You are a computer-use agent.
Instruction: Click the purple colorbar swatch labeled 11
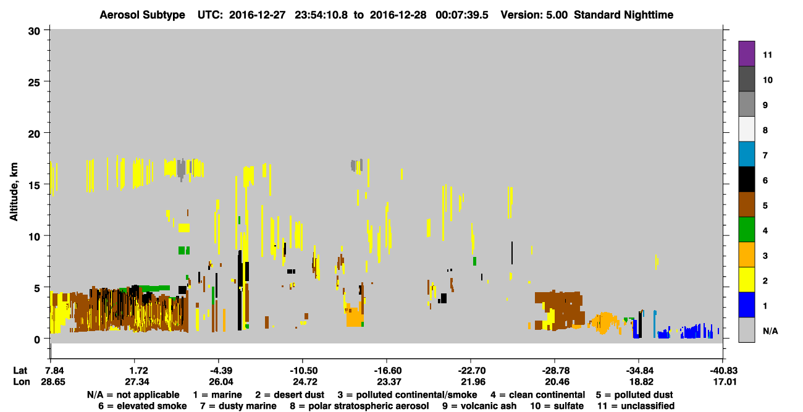[746, 53]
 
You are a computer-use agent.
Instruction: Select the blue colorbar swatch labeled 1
[746, 305]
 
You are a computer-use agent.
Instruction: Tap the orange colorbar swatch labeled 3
[746, 254]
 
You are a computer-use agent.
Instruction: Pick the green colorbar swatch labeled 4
[746, 230]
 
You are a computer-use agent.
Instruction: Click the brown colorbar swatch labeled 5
[746, 204]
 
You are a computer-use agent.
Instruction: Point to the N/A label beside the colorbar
[770, 330]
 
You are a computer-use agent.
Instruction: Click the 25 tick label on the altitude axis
[34, 83]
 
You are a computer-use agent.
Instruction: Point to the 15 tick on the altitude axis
[46, 184]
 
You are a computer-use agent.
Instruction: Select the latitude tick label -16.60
[387, 371]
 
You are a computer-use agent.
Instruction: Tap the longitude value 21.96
[473, 382]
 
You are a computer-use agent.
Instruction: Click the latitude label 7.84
[53, 371]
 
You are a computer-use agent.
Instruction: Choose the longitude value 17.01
[725, 382]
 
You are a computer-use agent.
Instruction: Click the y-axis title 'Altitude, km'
[14, 191]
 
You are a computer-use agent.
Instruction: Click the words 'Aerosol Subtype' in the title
[142, 15]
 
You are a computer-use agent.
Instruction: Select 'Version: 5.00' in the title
[534, 15]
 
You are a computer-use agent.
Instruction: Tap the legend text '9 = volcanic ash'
[479, 406]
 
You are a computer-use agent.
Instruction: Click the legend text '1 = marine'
[217, 395]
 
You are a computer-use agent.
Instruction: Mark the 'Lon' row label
[22, 382]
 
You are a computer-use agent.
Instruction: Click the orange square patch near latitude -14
[355, 317]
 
